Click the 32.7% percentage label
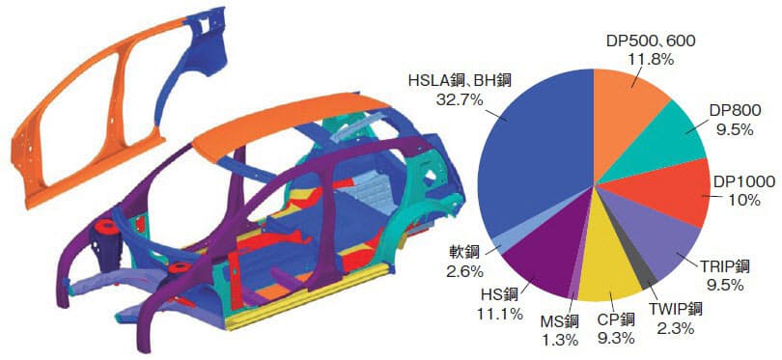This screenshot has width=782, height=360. pos(461,99)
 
